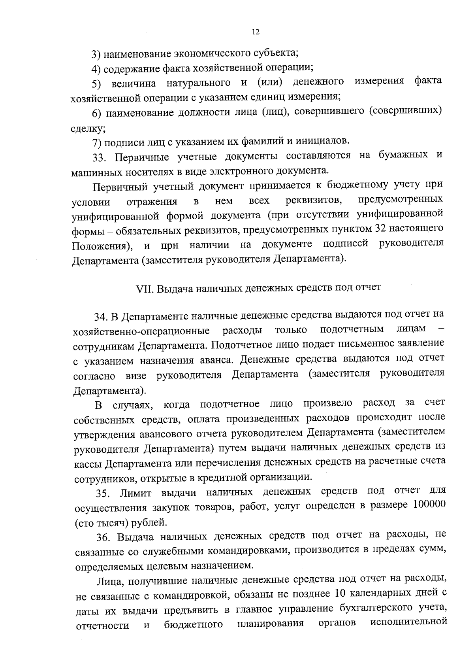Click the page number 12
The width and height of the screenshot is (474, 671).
[x=255, y=32]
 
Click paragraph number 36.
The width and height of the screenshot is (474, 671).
[x=104, y=538]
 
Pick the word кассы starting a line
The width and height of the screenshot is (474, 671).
[x=87, y=463]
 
